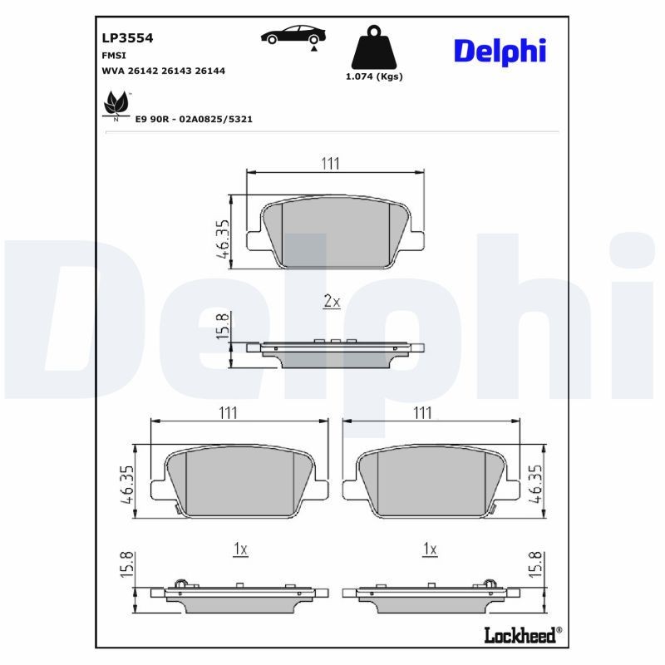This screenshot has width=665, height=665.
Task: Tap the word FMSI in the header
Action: pos(114,55)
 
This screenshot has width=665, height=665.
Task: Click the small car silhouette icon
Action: pos(293,36)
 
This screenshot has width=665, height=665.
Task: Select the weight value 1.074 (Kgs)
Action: pos(373,76)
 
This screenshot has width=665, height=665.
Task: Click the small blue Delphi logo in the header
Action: pos(500,51)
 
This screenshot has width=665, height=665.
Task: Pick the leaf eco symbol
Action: pos(113,106)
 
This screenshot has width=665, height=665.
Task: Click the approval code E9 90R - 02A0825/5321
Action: pos(194,119)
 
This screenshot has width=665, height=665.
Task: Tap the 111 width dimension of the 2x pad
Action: pos(331,164)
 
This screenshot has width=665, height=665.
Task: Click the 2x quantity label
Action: pos(332,302)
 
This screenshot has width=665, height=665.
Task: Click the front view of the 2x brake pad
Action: pos(337,234)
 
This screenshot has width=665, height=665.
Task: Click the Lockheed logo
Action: pos(522,635)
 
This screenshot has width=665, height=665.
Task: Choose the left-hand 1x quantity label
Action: pos(239,549)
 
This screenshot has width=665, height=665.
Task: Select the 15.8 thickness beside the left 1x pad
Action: pos(126,568)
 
